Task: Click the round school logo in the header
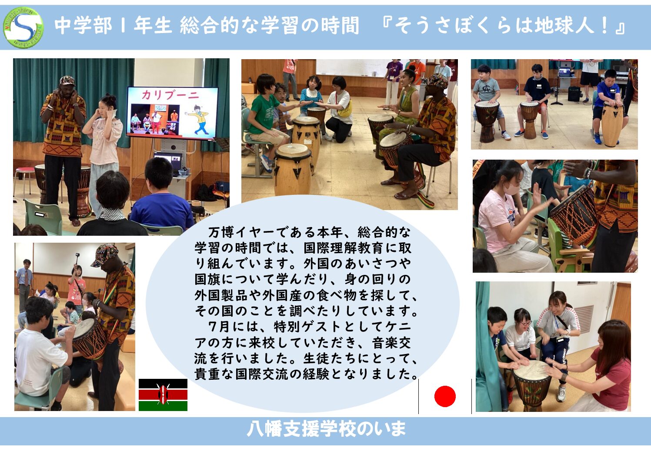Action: (23, 27)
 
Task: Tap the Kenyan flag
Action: (163, 394)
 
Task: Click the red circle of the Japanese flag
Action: (445, 396)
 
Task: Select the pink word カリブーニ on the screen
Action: (170, 95)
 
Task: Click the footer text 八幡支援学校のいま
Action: (326, 429)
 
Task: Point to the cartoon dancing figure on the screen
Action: (197, 119)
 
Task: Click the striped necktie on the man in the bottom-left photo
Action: (27, 277)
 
